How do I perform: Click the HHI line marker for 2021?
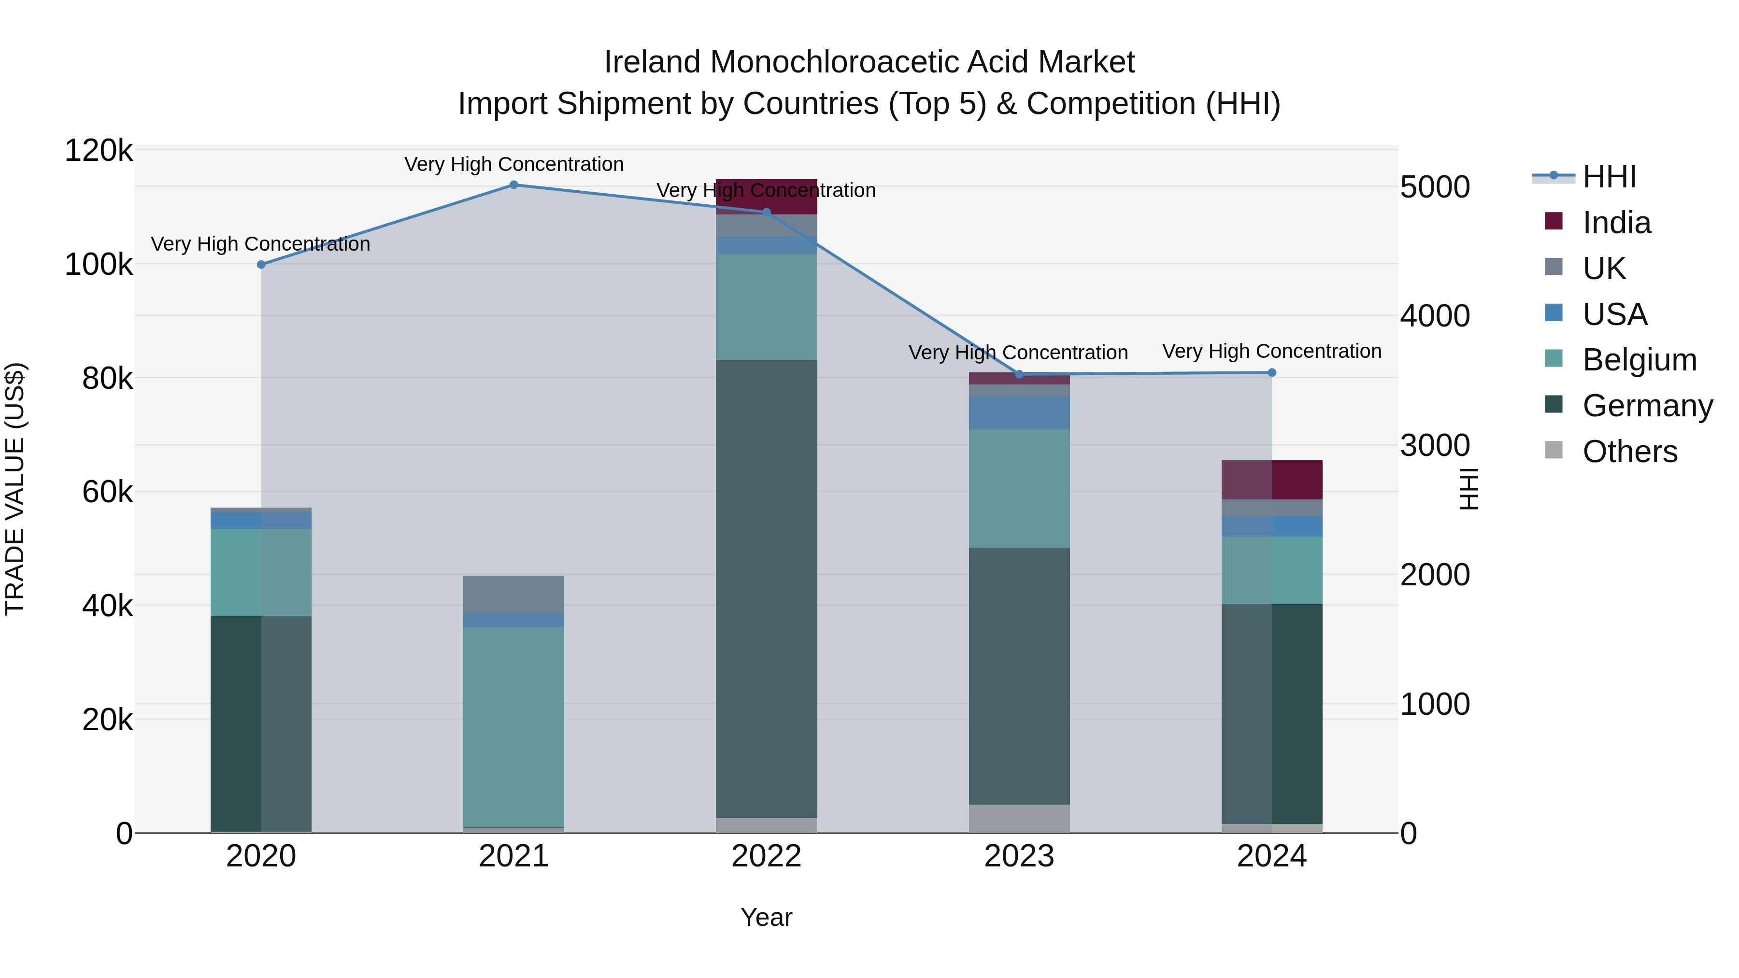click(x=514, y=185)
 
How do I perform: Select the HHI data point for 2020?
click(x=261, y=265)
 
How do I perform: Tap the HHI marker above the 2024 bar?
click(x=1272, y=372)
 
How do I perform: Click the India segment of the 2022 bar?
click(x=766, y=197)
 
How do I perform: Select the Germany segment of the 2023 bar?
click(x=1019, y=675)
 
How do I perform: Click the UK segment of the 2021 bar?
click(x=514, y=594)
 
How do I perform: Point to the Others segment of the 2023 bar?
click(x=1019, y=818)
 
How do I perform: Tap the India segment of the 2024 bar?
click(x=1272, y=480)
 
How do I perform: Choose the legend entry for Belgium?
click(x=1639, y=360)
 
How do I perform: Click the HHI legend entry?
click(x=1609, y=177)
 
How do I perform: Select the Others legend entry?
click(x=1630, y=452)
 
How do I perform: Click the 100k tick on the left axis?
click(x=99, y=265)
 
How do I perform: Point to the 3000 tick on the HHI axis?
click(x=1435, y=445)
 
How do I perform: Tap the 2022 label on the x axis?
click(x=766, y=856)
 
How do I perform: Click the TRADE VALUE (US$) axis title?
click(x=15, y=489)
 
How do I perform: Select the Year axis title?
click(x=766, y=917)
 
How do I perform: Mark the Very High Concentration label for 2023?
click(x=1018, y=353)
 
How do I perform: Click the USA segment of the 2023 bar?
click(x=1019, y=413)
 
